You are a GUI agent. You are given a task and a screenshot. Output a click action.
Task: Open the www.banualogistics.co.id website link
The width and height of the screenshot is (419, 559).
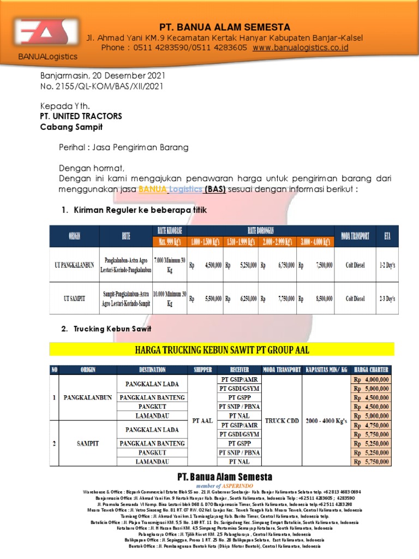pyautogui.click(x=301, y=48)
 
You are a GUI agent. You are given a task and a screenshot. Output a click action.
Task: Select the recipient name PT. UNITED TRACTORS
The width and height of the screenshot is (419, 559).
pyautogui.click(x=81, y=116)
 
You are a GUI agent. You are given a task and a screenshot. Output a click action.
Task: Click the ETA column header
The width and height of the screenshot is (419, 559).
pyautogui.click(x=387, y=236)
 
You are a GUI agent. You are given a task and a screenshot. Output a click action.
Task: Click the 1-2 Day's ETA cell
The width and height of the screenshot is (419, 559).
pyautogui.click(x=387, y=264)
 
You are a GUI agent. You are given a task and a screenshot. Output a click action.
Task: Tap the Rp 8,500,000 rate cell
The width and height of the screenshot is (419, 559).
pyautogui.click(x=315, y=299)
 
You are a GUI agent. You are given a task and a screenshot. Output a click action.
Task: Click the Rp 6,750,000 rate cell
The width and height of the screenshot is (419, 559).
pyautogui.click(x=278, y=264)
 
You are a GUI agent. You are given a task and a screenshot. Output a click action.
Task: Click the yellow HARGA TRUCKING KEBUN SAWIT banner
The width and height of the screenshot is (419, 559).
pyautogui.click(x=222, y=349)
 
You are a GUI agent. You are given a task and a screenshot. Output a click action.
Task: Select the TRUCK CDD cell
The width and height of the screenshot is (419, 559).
pyautogui.click(x=282, y=420)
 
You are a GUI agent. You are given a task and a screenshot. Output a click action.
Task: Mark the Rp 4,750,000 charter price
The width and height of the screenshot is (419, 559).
pyautogui.click(x=371, y=425)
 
